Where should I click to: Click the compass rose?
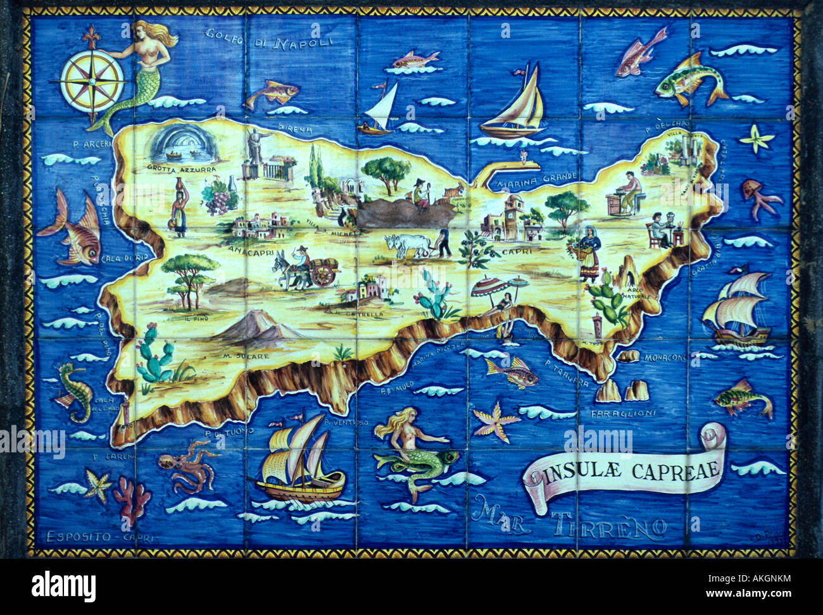pos(92,80)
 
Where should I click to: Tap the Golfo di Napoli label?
pos(269,39)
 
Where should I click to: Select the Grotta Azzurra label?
pos(181,169)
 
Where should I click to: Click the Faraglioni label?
pos(623,413)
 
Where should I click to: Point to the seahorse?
pos(75,390)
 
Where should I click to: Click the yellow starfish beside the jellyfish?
pos(757,138)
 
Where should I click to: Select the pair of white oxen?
pos(405,245)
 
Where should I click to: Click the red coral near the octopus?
pos(132,497)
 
